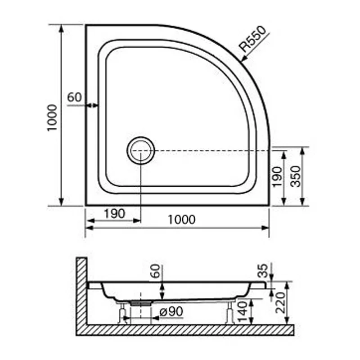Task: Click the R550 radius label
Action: [253, 39]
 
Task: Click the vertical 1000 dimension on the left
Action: [52, 117]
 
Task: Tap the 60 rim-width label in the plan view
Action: [74, 97]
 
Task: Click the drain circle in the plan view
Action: [140, 150]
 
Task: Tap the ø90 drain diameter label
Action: [169, 311]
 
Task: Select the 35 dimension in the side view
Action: [263, 270]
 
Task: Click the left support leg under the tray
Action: [121, 313]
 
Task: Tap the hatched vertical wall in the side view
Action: [81, 292]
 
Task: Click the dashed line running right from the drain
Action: [211, 150]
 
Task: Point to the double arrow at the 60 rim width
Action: [92, 105]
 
